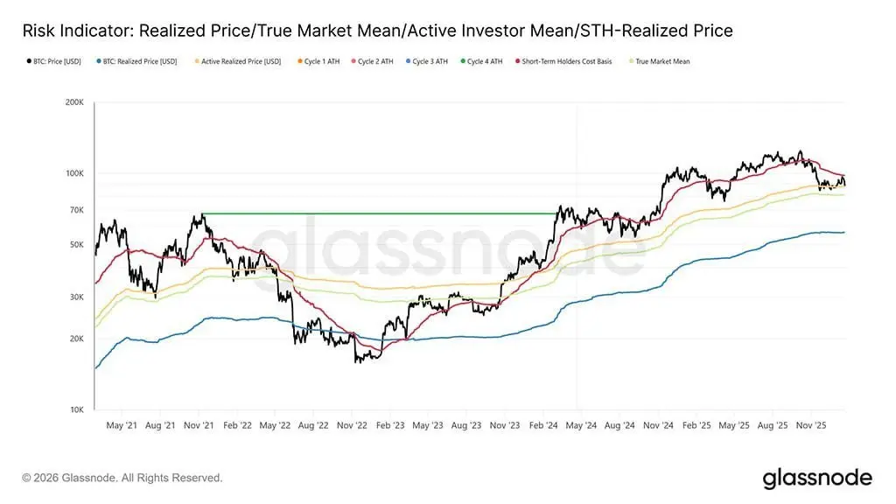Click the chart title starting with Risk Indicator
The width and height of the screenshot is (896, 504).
coord(376,31)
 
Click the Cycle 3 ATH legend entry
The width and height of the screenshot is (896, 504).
coord(432,62)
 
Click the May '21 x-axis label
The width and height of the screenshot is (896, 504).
coord(122,426)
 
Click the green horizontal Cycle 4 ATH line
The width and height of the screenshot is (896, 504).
coord(376,213)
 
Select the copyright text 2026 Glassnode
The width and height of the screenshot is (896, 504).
coord(122,478)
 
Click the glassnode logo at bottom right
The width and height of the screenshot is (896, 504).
coord(817,478)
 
